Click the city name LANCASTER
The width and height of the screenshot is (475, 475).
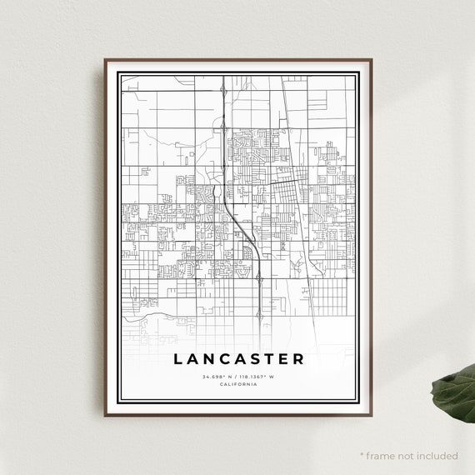pyautogui.click(x=239, y=359)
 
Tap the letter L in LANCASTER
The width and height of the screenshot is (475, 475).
pyautogui.click(x=178, y=359)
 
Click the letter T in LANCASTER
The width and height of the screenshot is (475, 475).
pyautogui.click(x=277, y=359)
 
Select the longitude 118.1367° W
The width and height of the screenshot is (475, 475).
pyautogui.click(x=260, y=377)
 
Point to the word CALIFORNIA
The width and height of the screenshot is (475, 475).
pyautogui.click(x=239, y=384)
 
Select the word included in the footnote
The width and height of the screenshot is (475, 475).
pyautogui.click(x=437, y=456)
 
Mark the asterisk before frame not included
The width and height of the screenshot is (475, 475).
pyautogui.click(x=363, y=455)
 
